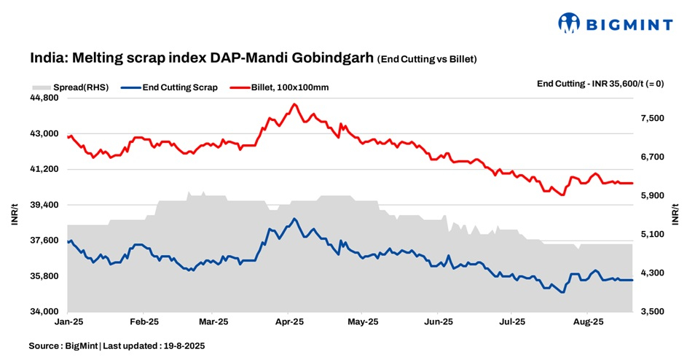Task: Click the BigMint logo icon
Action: pyautogui.click(x=569, y=23)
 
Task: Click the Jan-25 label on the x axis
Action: pyautogui.click(x=68, y=321)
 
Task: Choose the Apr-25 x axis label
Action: pyautogui.click(x=289, y=321)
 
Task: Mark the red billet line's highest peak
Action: pyautogui.click(x=294, y=104)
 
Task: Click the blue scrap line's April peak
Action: pyautogui.click(x=294, y=219)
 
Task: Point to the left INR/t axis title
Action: pyautogui.click(x=14, y=215)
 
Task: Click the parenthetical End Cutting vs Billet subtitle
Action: pyautogui.click(x=432, y=58)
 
